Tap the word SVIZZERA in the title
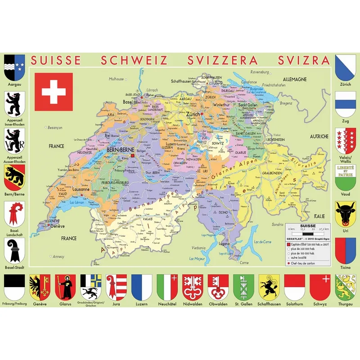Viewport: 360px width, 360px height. (222, 61)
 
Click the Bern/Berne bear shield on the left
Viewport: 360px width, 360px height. (14, 176)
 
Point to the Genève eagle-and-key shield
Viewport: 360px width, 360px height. (38, 287)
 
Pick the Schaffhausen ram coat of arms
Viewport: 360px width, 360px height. (270, 287)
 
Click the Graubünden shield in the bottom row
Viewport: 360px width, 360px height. (90, 286)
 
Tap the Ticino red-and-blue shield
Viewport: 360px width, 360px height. (346, 250)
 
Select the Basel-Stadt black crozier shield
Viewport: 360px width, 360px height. (14, 250)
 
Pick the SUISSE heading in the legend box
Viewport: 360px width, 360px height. (307, 226)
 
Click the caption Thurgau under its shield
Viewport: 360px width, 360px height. (346, 304)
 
